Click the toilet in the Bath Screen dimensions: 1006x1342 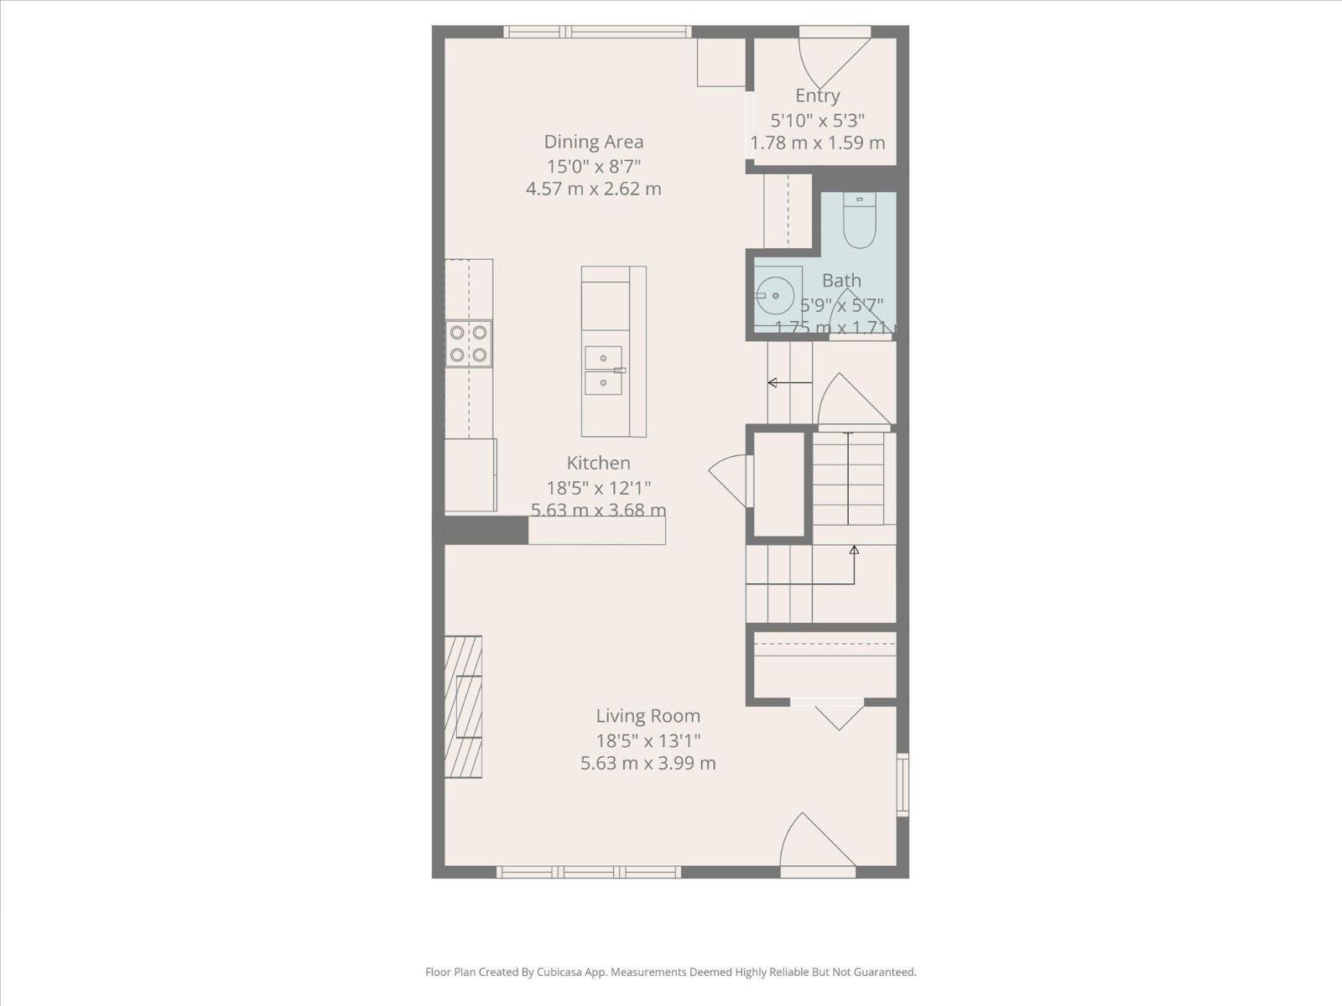(x=859, y=222)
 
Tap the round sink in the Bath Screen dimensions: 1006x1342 (x=772, y=296)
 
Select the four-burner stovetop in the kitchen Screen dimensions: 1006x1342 (x=468, y=343)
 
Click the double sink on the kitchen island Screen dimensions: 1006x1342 (x=604, y=370)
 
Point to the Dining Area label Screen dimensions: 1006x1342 (x=593, y=142)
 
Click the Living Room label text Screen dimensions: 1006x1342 (x=648, y=716)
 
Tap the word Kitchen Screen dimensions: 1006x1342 (x=598, y=463)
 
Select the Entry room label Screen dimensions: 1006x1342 (x=817, y=96)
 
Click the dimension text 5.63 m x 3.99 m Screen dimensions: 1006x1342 (x=648, y=764)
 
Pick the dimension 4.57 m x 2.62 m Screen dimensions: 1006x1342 (x=593, y=189)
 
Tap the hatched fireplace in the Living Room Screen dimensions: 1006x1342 (x=463, y=707)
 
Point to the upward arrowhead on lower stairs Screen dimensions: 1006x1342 (x=854, y=550)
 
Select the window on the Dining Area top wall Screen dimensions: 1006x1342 (x=597, y=32)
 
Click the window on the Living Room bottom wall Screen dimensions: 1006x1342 (x=588, y=872)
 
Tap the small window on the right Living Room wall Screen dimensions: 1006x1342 (x=902, y=785)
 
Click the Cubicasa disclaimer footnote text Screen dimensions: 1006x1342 (x=670, y=972)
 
